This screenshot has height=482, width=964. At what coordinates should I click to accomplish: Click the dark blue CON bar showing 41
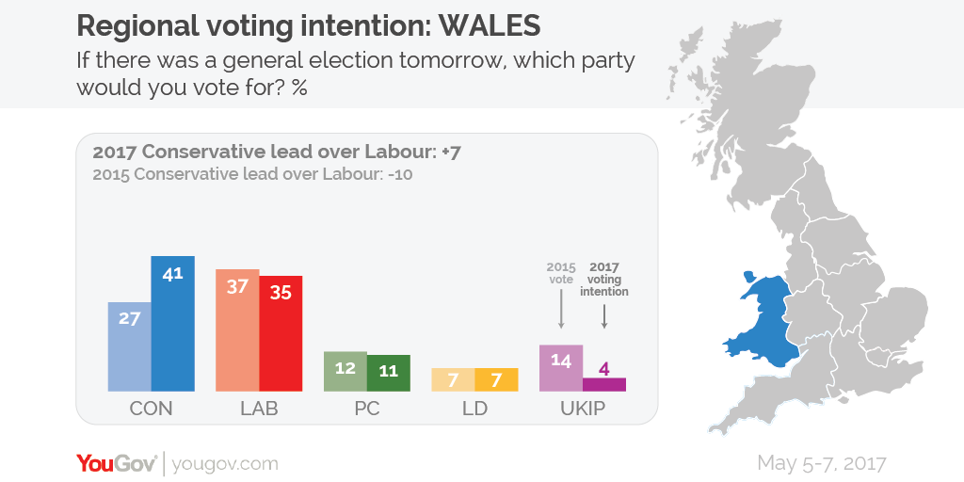(173, 324)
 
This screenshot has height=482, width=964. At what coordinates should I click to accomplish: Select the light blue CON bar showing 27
(130, 346)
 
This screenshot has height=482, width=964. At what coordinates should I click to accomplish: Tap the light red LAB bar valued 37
(237, 330)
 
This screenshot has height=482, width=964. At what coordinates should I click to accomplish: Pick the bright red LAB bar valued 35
(281, 334)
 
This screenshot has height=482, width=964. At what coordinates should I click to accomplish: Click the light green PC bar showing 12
(345, 372)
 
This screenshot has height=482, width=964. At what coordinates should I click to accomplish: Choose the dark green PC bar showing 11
(388, 373)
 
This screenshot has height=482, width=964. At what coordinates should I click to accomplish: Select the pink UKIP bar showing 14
(560, 368)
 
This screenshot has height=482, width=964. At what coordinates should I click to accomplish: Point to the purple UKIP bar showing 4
(604, 384)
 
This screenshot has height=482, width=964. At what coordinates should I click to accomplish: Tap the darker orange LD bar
(496, 379)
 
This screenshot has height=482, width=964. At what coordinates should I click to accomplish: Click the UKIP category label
(583, 409)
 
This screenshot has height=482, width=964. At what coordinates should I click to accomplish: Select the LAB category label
(259, 409)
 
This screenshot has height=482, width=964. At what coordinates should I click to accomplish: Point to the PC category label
(366, 409)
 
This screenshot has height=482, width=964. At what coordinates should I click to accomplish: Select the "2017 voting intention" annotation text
(604, 279)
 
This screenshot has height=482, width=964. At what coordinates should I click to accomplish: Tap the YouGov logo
(117, 463)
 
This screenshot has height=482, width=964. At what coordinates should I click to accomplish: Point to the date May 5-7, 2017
(821, 463)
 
